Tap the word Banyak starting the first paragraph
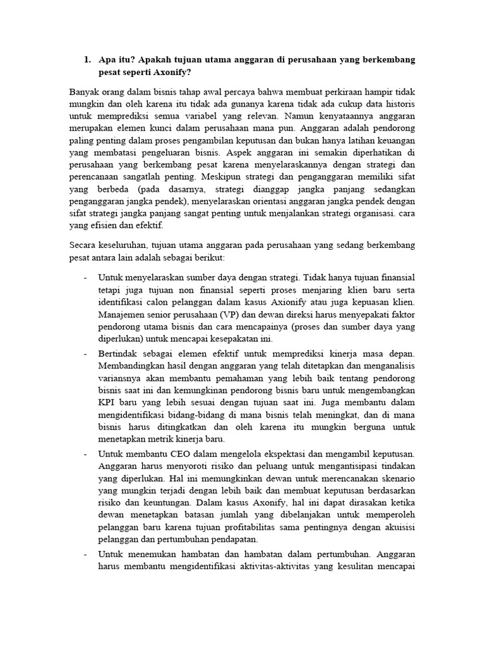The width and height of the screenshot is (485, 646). click(x=85, y=92)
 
